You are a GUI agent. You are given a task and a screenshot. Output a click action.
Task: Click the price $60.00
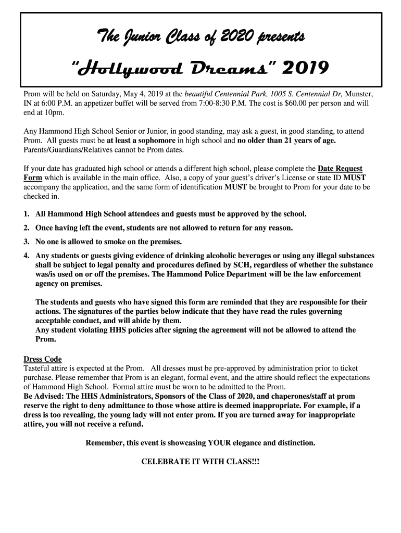click(285, 103)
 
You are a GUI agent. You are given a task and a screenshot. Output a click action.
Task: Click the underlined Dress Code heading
click(43, 359)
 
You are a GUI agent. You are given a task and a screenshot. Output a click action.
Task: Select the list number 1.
click(26, 214)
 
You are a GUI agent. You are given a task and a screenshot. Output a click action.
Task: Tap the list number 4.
click(26, 256)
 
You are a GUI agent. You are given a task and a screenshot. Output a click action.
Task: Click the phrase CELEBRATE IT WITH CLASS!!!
click(200, 461)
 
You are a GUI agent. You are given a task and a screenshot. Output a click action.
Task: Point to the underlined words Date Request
click(341, 169)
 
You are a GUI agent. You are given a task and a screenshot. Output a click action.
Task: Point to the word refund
click(130, 424)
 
